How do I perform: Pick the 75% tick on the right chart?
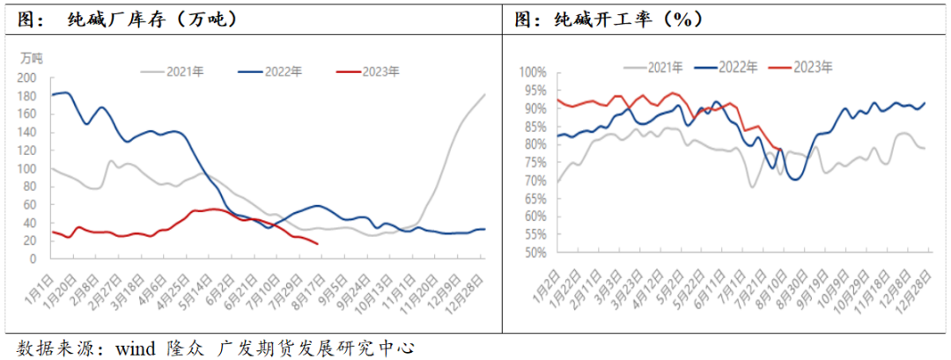coord(534,162)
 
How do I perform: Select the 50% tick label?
coord(534,253)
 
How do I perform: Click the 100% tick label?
coord(532,72)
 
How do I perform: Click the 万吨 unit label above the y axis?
coord(33,58)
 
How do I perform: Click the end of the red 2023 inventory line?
coord(318,245)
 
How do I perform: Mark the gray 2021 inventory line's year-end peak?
coord(484,95)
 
